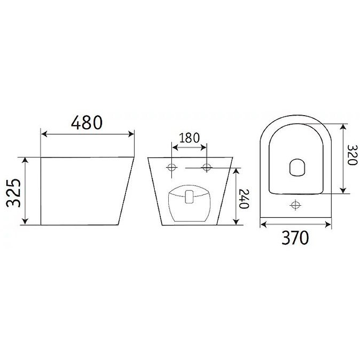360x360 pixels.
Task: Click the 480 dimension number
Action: [x=87, y=122]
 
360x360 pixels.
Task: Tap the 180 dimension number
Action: [x=189, y=138]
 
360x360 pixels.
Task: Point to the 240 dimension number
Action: [x=244, y=199]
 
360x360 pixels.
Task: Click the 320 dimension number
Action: [x=352, y=155]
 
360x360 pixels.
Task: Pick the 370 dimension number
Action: [x=295, y=238]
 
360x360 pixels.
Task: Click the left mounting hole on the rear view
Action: [x=172, y=167]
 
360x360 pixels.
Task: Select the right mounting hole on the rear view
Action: [x=207, y=167]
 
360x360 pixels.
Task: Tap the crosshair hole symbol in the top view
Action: [x=295, y=205]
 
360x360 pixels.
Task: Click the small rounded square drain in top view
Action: [x=297, y=167]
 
